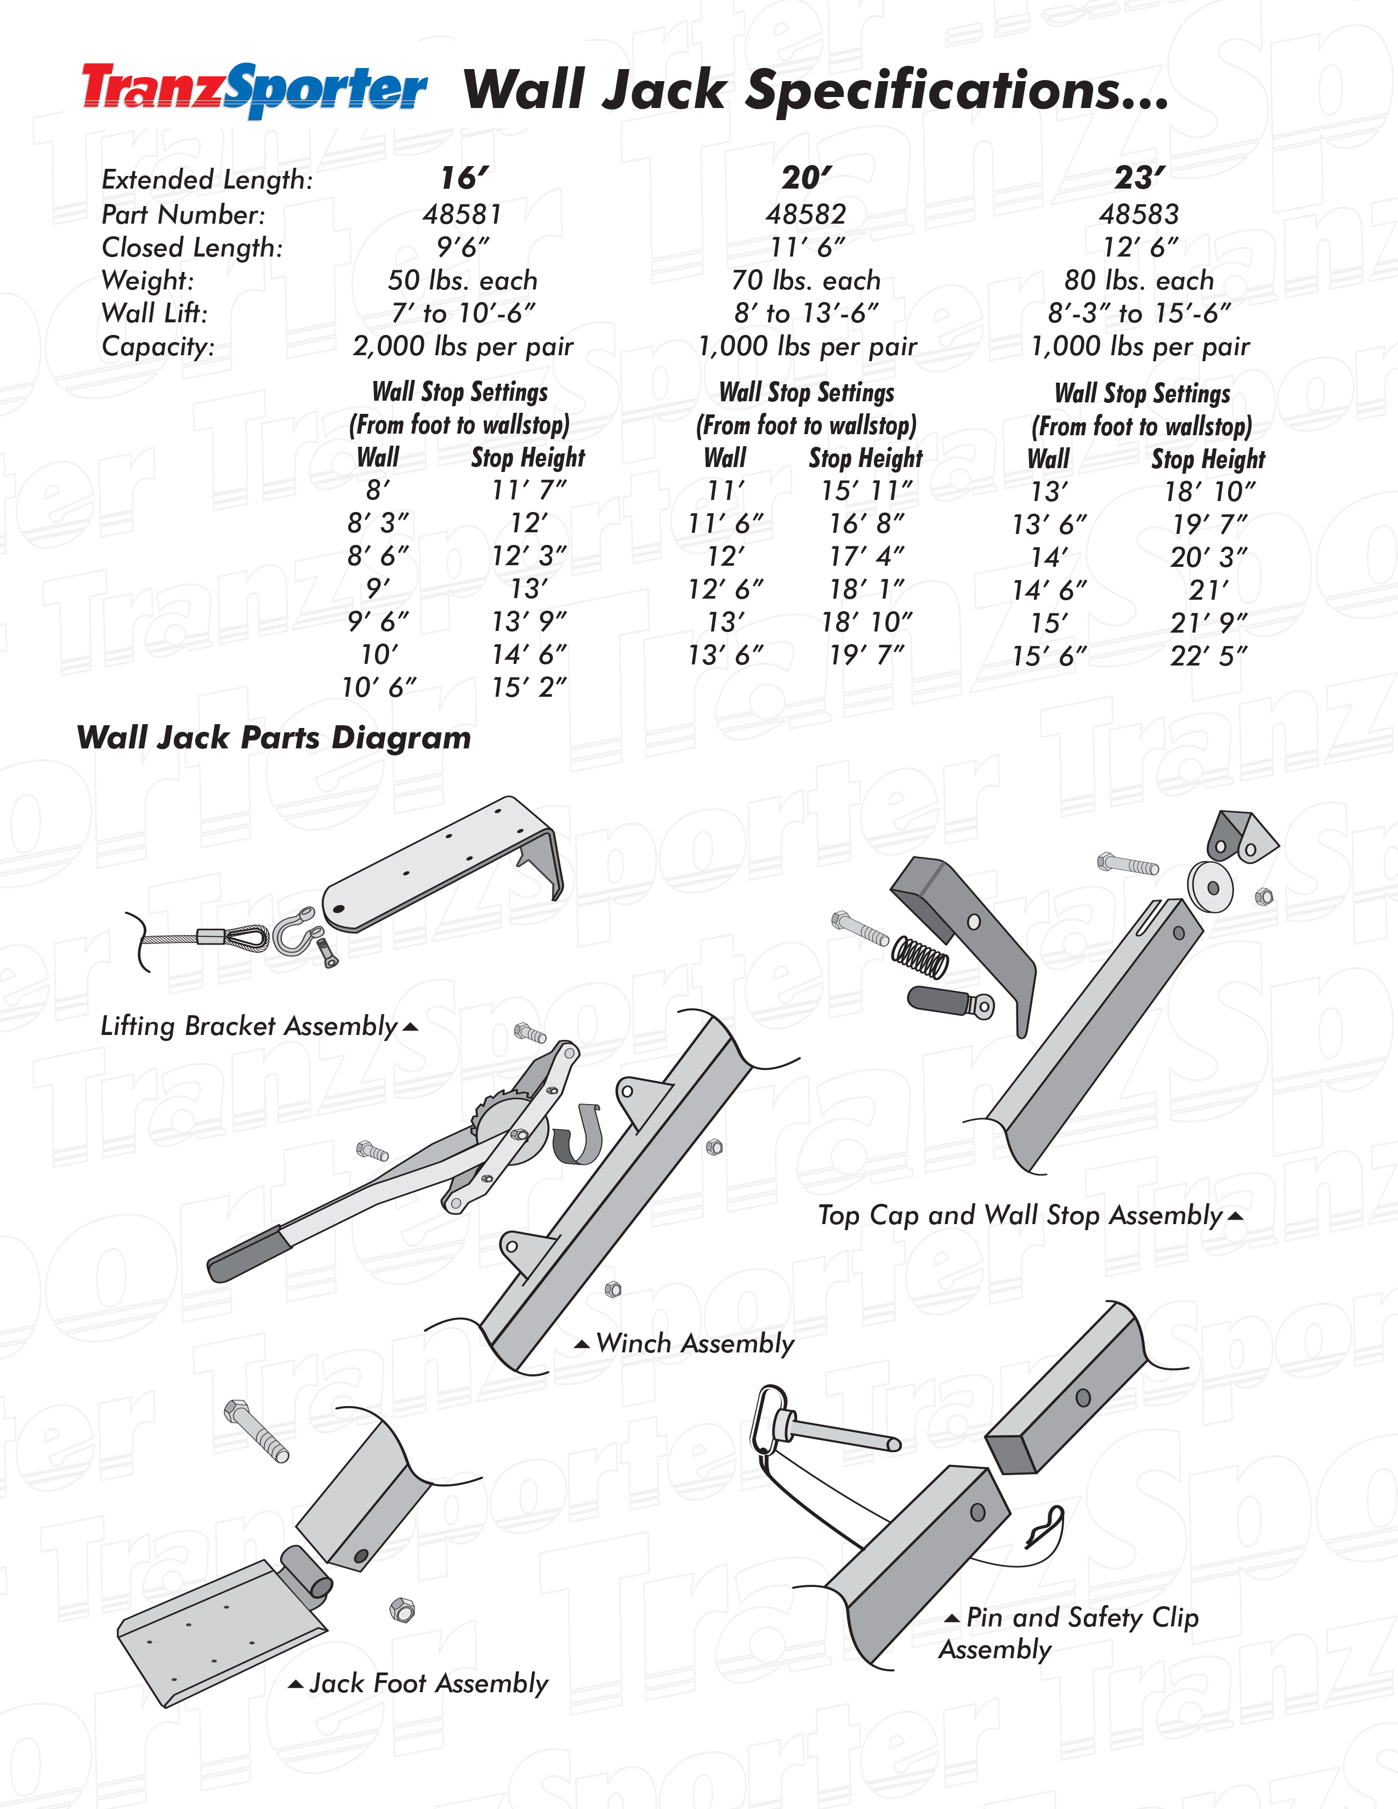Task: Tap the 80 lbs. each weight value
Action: coord(1139,281)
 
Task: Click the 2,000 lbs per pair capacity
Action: coord(462,346)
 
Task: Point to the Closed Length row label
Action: coord(192,248)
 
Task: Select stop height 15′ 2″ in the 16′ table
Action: coord(528,687)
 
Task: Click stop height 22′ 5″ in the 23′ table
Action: coord(1208,657)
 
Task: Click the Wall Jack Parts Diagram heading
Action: coord(274,737)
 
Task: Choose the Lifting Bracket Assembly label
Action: coord(248,1026)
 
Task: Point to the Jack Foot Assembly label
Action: coord(428,1683)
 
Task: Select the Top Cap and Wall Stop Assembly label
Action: coord(1020,1215)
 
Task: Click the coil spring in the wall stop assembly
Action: coord(920,957)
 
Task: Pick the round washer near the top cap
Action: coord(1210,887)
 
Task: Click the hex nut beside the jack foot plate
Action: coord(402,1610)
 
